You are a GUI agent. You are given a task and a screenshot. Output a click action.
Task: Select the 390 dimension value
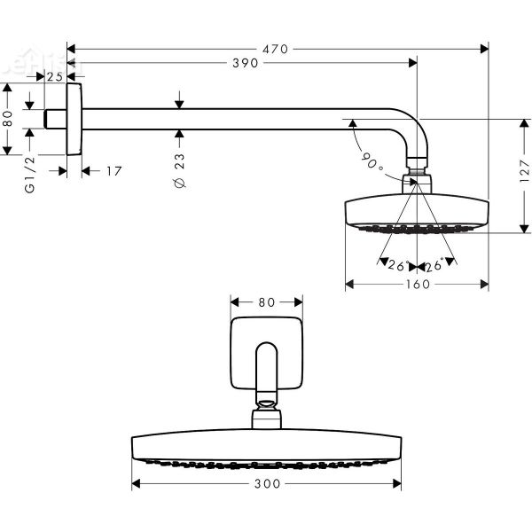point(245,63)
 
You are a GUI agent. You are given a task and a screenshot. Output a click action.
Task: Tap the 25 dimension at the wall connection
point(54,77)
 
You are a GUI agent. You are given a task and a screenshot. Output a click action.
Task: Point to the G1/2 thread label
point(30,175)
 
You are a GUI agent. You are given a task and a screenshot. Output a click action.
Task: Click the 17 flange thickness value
point(113,170)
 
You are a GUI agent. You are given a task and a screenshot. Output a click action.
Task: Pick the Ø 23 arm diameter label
point(180,169)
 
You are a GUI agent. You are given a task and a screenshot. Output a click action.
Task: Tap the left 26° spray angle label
point(396,266)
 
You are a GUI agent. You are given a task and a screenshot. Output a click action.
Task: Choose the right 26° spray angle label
point(434,266)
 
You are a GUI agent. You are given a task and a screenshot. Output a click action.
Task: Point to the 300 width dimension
point(267,484)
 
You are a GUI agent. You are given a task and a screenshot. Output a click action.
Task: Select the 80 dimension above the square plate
point(266,301)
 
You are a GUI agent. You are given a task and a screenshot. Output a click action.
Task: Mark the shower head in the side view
point(415,213)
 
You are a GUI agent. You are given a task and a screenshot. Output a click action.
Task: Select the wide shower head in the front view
point(266,448)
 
